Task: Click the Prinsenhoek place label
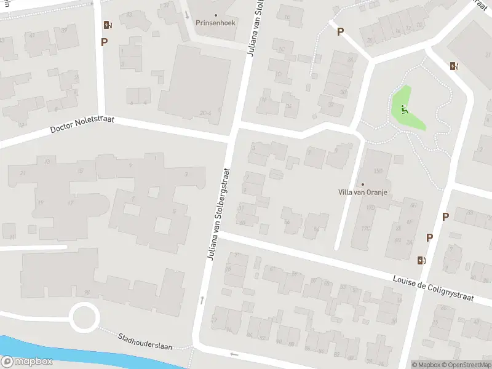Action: tap(215, 23)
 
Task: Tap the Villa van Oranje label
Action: tap(362, 192)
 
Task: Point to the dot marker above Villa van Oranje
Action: tap(362, 184)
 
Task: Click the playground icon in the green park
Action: tap(404, 109)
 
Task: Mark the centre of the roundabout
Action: tap(84, 318)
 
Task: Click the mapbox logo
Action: tap(27, 362)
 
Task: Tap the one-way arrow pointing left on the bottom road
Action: tap(234, 354)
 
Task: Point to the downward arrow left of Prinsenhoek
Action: tap(187, 14)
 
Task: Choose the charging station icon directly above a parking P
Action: tap(108, 25)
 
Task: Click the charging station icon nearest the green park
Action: tap(454, 66)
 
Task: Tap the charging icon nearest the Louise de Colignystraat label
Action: tap(421, 260)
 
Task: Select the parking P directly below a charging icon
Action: tap(105, 42)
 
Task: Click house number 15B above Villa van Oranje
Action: tap(378, 170)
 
